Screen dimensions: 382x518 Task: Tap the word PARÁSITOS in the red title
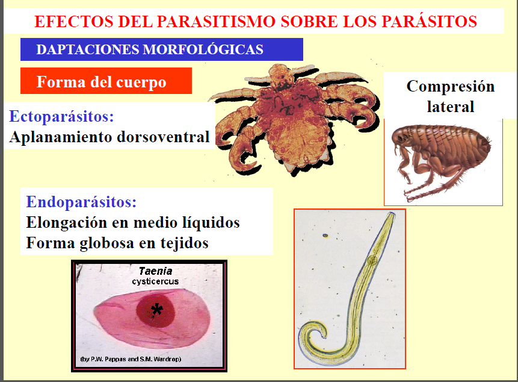pos(430,22)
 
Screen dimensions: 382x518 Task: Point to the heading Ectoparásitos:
pos(62,116)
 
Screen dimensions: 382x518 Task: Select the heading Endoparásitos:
pos(81,202)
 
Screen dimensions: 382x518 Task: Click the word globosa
pos(103,243)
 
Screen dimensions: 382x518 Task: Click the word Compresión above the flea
pos(450,86)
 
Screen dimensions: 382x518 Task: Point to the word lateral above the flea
pos(451,107)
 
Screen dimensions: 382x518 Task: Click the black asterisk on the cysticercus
pos(157,310)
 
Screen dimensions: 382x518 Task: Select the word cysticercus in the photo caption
pos(155,281)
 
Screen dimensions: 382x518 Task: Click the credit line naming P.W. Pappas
pos(131,359)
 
